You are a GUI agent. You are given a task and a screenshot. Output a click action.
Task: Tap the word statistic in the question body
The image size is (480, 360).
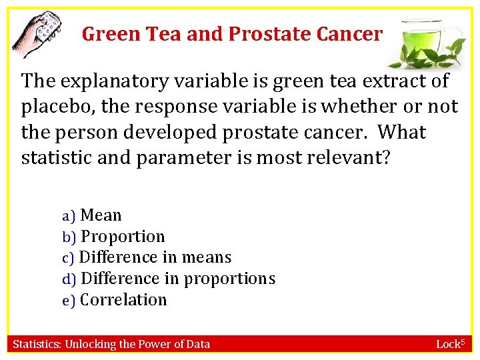55,158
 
